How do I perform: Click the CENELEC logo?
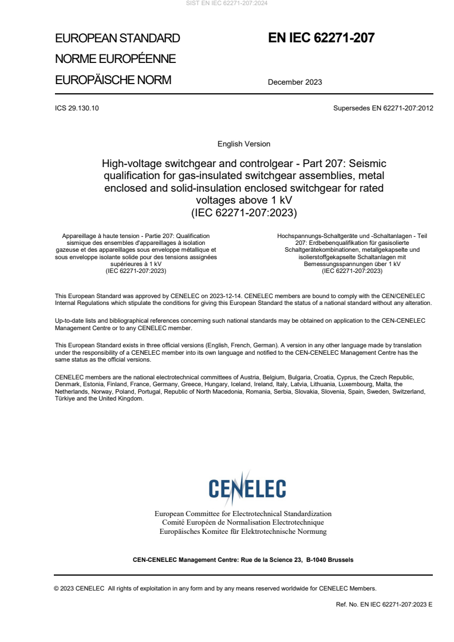pos(247,488)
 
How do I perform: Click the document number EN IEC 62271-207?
pos(321,38)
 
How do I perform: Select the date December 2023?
pos(295,82)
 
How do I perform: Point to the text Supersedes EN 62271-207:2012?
pos(382,108)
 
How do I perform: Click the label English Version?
pos(244,144)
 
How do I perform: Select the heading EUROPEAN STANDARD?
pos(117,38)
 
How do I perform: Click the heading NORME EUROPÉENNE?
pos(115,59)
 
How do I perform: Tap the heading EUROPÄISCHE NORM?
pos(113,80)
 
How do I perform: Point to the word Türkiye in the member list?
pos(65,398)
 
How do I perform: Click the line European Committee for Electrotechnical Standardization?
pos(243,513)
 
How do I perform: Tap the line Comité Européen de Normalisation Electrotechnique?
pos(243,522)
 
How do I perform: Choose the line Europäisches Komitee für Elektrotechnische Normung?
pos(243,532)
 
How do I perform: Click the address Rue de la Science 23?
pos(265,560)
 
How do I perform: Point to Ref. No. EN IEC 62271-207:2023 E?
pos(384,604)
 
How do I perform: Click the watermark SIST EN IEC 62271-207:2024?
pos(227,3)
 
